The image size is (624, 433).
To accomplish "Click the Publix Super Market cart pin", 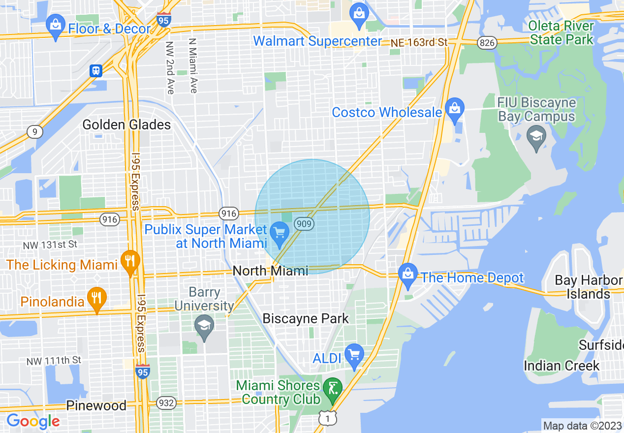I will click(280, 233).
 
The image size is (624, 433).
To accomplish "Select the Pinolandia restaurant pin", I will click(97, 299).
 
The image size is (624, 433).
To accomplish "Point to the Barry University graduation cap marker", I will click(204, 327).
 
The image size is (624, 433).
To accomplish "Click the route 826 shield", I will click(486, 43).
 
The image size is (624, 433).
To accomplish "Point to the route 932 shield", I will click(166, 403).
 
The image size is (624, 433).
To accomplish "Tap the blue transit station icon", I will click(96, 71).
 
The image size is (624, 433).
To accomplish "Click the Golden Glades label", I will click(126, 124).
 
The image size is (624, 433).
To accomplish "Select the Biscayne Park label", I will click(306, 318).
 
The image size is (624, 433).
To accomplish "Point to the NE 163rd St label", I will click(419, 43).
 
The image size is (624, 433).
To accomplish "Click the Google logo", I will click(33, 421).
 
